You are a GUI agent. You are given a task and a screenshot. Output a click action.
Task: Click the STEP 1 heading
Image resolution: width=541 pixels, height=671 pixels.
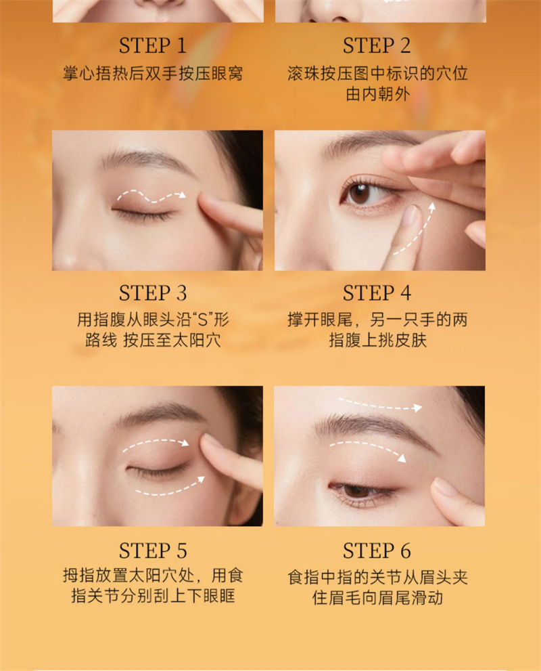point(153,45)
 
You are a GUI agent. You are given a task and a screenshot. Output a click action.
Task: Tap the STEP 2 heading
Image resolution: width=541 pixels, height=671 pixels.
point(377,45)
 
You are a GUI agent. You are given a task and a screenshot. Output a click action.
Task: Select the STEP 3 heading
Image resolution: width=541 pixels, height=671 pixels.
point(153,293)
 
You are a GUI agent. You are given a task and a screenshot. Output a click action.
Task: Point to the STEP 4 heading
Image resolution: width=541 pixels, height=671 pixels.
point(377,293)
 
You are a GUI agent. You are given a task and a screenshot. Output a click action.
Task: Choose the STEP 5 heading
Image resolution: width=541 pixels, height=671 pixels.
point(153,550)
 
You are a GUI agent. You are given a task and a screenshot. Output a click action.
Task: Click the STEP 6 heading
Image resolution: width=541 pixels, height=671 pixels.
point(377,550)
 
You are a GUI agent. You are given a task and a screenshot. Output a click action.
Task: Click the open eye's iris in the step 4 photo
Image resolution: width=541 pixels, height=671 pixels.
point(358,194)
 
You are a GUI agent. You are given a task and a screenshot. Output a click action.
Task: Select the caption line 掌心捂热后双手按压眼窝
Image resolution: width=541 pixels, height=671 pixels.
point(153,73)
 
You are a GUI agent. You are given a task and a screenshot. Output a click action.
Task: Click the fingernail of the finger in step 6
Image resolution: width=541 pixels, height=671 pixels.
point(444,487)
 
